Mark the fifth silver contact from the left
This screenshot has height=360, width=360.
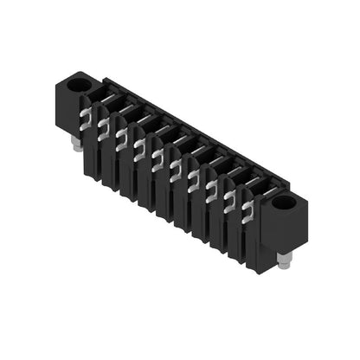click(157, 160)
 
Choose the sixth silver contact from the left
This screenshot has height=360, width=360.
click(176, 171)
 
